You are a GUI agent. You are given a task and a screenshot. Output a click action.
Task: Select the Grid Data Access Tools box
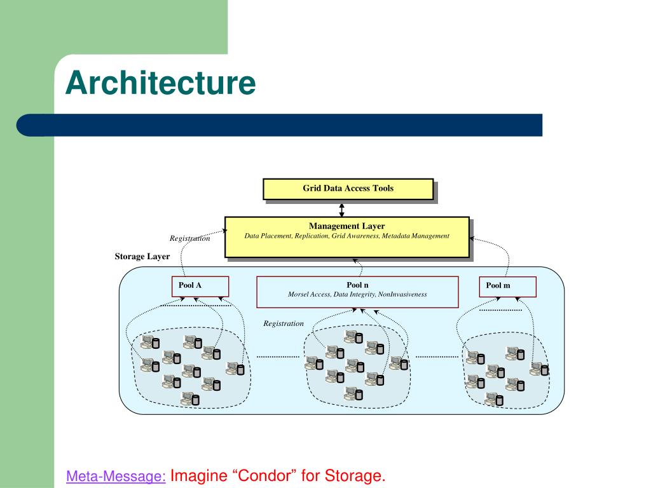(x=348, y=189)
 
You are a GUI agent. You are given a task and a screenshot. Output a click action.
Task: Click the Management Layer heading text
(x=346, y=226)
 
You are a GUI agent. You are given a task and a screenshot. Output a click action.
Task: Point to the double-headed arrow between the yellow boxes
(x=341, y=210)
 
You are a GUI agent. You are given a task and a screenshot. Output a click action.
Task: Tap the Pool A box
(x=200, y=287)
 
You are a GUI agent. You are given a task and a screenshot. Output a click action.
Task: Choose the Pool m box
(x=508, y=287)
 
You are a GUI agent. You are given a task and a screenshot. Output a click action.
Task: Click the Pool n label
(x=357, y=285)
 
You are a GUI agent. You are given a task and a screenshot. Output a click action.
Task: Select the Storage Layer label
(x=142, y=257)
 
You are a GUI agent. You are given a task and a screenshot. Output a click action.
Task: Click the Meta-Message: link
(x=116, y=476)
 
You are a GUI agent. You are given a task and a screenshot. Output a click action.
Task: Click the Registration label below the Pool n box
(x=284, y=323)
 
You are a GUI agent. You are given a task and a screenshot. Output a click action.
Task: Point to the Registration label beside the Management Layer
(x=189, y=238)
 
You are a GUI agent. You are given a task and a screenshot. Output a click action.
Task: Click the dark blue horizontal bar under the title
(x=280, y=125)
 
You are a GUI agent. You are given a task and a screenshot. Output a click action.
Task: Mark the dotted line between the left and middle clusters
(x=278, y=356)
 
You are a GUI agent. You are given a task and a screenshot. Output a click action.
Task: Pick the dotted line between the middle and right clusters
(x=437, y=356)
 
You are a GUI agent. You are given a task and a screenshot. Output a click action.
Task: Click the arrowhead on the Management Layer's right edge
(x=472, y=239)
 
